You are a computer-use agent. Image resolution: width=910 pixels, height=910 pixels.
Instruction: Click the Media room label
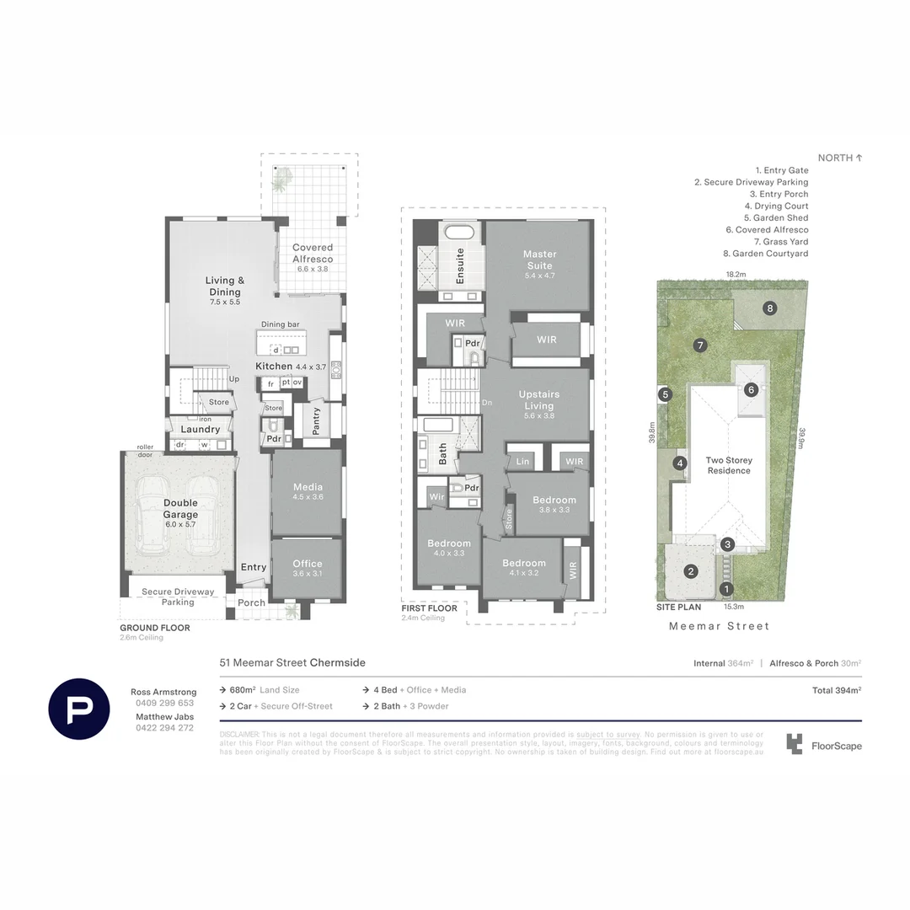tap(308, 487)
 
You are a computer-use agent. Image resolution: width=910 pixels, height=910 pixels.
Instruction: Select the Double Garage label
tap(180, 509)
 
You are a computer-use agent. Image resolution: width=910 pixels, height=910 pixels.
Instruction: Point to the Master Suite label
tap(539, 260)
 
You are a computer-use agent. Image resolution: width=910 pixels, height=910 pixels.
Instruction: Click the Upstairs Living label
tap(539, 400)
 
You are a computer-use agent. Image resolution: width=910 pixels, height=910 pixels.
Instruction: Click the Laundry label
tap(200, 429)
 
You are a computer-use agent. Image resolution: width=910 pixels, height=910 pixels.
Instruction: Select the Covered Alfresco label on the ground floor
tap(313, 254)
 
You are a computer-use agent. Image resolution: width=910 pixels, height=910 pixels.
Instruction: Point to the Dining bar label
tap(281, 324)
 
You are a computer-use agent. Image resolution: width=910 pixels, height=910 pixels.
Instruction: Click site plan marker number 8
tap(770, 308)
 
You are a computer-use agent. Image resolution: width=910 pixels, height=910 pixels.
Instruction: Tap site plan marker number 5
tap(666, 393)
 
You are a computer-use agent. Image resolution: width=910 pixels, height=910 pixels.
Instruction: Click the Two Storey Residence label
tap(729, 465)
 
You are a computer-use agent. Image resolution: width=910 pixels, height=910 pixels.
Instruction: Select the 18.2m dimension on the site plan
tap(736, 274)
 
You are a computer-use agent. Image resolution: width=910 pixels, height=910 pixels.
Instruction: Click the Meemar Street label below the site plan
tap(719, 626)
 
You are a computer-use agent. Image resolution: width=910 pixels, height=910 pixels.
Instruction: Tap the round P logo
tap(79, 708)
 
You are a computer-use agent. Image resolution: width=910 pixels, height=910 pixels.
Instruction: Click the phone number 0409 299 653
tap(163, 703)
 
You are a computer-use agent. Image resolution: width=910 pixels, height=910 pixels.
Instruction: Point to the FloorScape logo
tap(824, 745)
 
